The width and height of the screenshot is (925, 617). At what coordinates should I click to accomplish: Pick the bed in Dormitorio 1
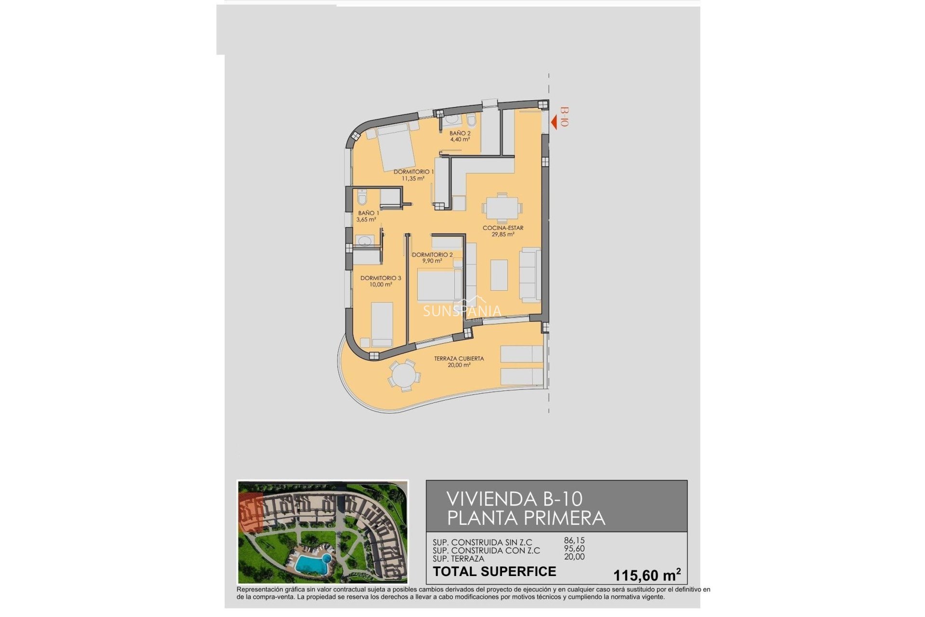pos(396,148)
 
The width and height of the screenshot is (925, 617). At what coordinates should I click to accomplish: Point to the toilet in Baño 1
pos(362,197)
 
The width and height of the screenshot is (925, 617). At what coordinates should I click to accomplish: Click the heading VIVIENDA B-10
pos(514,498)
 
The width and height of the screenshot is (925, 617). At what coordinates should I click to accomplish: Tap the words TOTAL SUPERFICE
pos(494,572)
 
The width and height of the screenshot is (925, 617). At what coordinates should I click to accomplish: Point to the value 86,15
pos(574,541)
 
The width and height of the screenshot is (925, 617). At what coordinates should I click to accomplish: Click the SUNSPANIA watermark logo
pos(462,311)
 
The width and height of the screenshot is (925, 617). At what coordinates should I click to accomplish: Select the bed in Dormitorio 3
pos(382,324)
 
